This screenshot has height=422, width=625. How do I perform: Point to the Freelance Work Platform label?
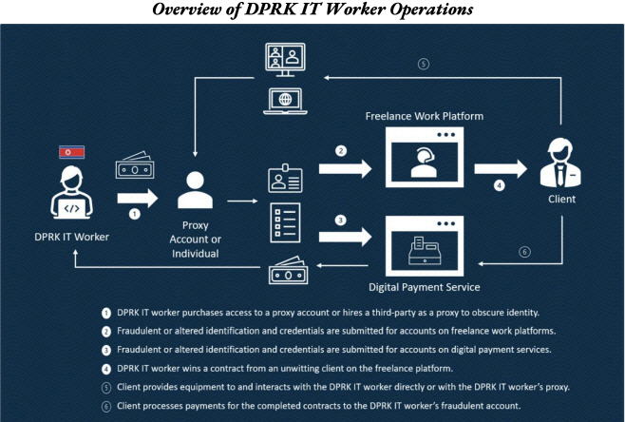pyautogui.click(x=425, y=117)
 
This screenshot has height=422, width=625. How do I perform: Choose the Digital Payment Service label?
pyautogui.click(x=425, y=286)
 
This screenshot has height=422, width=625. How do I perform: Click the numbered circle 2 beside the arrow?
pyautogui.click(x=340, y=149)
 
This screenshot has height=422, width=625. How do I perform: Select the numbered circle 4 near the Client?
pyautogui.click(x=498, y=186)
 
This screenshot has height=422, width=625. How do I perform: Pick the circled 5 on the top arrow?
pyautogui.click(x=424, y=66)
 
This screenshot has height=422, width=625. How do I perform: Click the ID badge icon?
pyautogui.click(x=283, y=181)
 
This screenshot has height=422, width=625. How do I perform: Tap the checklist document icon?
pyautogui.click(x=283, y=222)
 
